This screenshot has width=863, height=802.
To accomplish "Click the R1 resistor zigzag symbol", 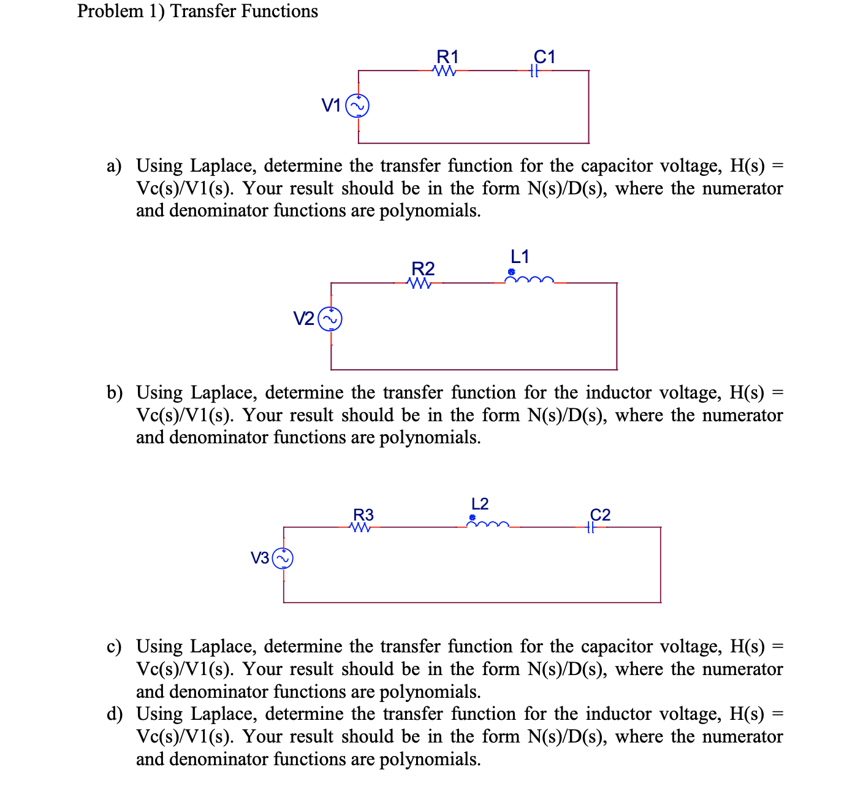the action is (444, 71).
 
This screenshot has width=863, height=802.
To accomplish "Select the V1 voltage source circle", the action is (358, 106).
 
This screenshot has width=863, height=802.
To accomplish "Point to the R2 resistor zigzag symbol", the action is (419, 283).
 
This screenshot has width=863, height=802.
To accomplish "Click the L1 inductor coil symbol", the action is (530, 281).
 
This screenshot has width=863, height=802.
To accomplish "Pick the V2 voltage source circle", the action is (331, 319).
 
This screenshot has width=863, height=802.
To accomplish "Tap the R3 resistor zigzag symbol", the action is (361, 527).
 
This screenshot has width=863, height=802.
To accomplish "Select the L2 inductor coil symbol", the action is (488, 525).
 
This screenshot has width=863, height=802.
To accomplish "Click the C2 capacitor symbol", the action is (590, 527).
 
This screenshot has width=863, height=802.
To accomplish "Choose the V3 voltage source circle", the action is (283, 558).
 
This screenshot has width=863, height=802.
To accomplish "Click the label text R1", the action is (447, 57).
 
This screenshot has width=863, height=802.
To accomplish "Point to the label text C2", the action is (600, 514).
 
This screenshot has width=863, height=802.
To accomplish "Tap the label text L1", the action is (520, 256).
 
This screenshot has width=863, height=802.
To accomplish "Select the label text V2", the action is (303, 319).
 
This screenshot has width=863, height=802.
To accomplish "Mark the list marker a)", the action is (114, 166).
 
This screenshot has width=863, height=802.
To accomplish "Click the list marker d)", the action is (114, 714).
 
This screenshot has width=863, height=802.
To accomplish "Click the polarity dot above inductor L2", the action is (472, 517).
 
